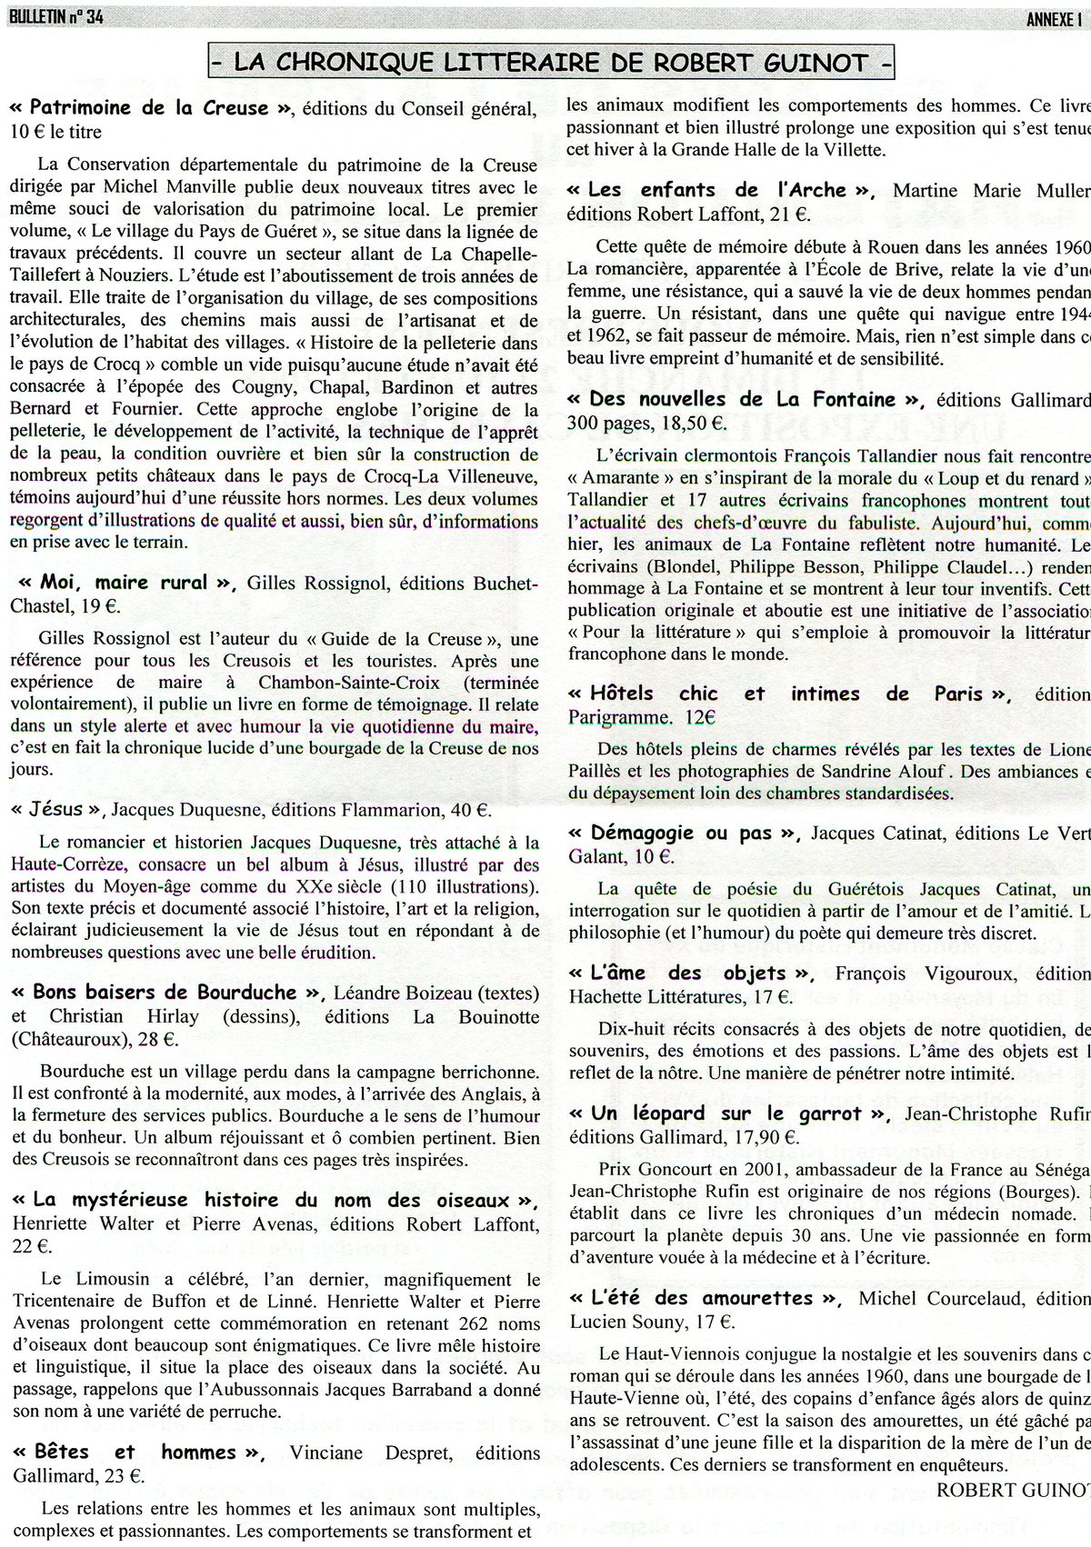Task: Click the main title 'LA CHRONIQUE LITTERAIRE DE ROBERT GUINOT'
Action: click(551, 63)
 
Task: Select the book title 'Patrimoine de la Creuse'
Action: click(150, 108)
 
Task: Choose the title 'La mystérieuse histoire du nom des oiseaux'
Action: click(273, 1200)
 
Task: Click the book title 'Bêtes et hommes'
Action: click(136, 1452)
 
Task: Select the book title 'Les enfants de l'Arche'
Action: click(718, 190)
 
